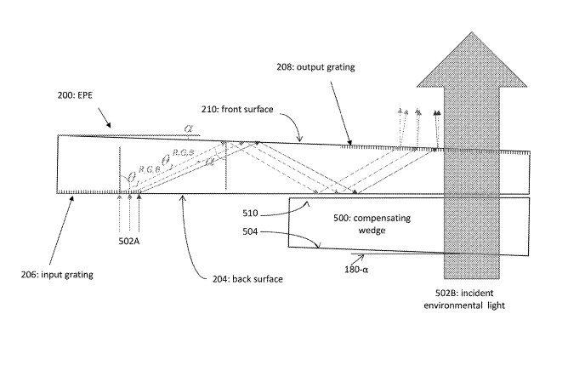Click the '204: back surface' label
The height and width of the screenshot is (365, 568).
click(229, 279)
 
